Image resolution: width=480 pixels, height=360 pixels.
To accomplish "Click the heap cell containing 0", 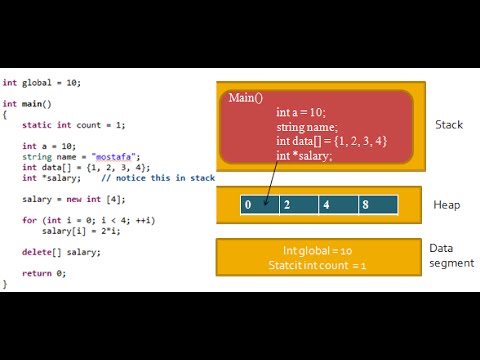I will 259,205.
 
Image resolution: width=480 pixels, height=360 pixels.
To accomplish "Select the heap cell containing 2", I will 298,205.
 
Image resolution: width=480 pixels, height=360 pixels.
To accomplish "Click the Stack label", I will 449,125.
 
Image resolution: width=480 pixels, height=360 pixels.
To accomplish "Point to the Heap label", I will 446,205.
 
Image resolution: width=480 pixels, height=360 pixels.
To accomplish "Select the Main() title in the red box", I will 246,98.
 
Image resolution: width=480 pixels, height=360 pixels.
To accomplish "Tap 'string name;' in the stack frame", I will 308,127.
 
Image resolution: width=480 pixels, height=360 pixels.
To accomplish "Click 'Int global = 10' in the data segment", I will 317,250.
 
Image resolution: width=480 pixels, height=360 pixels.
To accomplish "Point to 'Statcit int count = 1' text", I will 318,265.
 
